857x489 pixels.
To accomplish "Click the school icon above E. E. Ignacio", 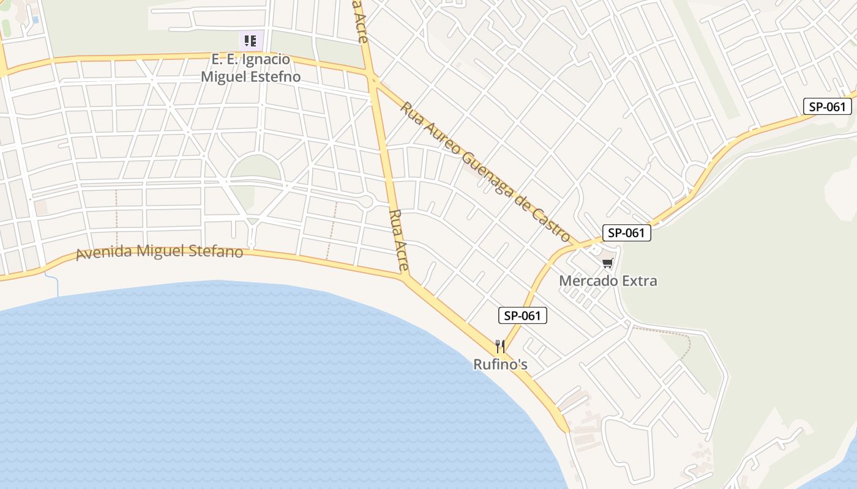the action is pos(250,41).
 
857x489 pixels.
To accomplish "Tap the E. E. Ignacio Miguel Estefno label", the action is pos(251,68).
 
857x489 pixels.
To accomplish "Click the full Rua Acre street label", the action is pos(399,241).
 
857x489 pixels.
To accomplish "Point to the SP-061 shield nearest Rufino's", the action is pos(522,315).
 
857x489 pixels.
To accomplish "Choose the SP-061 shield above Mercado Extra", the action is pos(626,232).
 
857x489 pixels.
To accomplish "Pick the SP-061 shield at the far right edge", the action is pos(828,106).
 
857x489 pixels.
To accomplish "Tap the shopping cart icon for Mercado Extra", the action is pos(607,263).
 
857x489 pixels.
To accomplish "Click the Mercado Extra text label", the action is pos(608,281).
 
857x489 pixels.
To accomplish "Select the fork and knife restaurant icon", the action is pos(500,347).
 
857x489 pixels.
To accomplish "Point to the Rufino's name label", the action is pos(500,365).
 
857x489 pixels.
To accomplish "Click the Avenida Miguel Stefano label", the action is pos(159,252).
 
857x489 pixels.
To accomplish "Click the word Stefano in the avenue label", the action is pos(218,252).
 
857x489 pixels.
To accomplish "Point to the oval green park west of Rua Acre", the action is pos(255,167).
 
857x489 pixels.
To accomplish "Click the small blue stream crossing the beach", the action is pos(53,285).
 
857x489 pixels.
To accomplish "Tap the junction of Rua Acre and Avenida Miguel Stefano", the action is pos(405,278).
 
